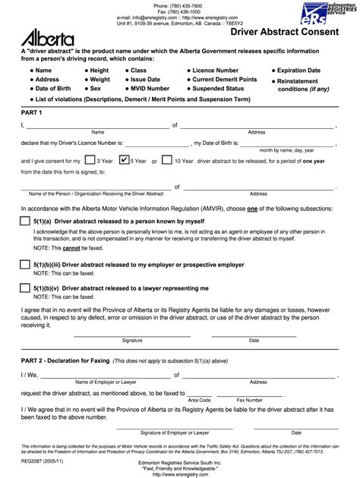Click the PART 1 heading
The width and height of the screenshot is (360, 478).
pyautogui.click(x=32, y=113)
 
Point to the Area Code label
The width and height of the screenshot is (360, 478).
pyautogui.click(x=200, y=399)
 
